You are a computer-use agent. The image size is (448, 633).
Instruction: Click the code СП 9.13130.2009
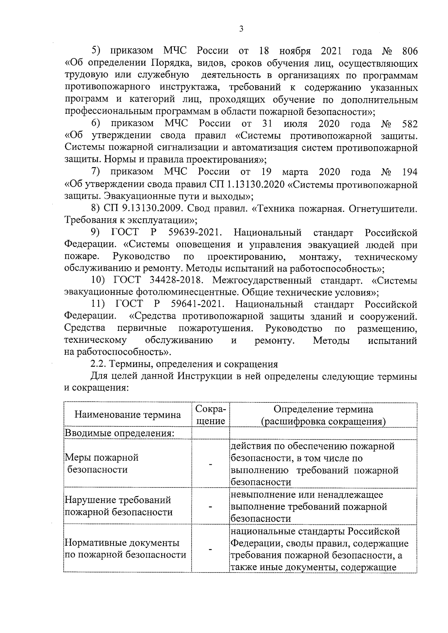[x=145, y=209]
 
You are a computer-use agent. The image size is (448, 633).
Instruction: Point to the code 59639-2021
[x=196, y=233]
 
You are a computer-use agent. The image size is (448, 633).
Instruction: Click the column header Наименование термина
[x=128, y=415]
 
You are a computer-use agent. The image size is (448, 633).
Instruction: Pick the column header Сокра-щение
[x=211, y=415]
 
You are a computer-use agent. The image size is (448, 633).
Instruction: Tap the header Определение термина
[x=323, y=410]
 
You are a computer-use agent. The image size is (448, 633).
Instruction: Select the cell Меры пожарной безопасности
[x=102, y=463]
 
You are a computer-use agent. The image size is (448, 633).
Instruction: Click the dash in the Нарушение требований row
[x=211, y=506]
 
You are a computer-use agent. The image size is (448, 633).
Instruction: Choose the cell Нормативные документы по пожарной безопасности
[x=125, y=549]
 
